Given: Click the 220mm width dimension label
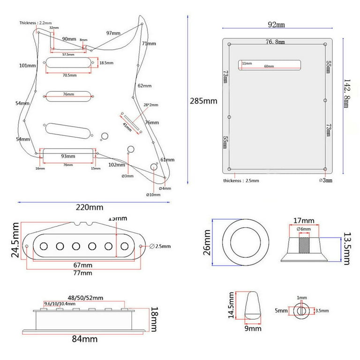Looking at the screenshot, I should [x=90, y=207].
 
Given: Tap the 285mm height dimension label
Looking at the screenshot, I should [x=203, y=101].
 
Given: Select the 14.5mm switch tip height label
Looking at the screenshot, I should [x=232, y=305].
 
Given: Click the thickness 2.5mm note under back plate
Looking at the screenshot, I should [x=240, y=180].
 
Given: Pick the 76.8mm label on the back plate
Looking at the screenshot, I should [x=275, y=42].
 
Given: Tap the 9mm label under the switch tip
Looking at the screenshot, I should [x=253, y=329].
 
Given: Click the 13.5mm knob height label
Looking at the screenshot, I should [x=346, y=248].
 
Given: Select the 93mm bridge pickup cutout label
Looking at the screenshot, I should [x=67, y=156].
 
